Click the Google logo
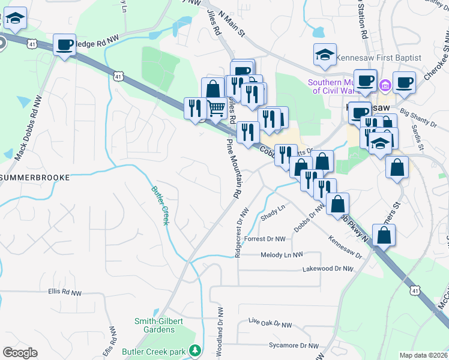coord(20,353)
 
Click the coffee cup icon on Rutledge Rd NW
coord(64,44)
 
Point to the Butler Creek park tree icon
coord(194,350)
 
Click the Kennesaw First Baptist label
coord(378,58)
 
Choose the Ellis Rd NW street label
coord(64,292)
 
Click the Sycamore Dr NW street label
coord(293,346)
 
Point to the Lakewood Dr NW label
coord(328,269)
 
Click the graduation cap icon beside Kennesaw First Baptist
coord(325,55)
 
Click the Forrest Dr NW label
coord(265,239)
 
